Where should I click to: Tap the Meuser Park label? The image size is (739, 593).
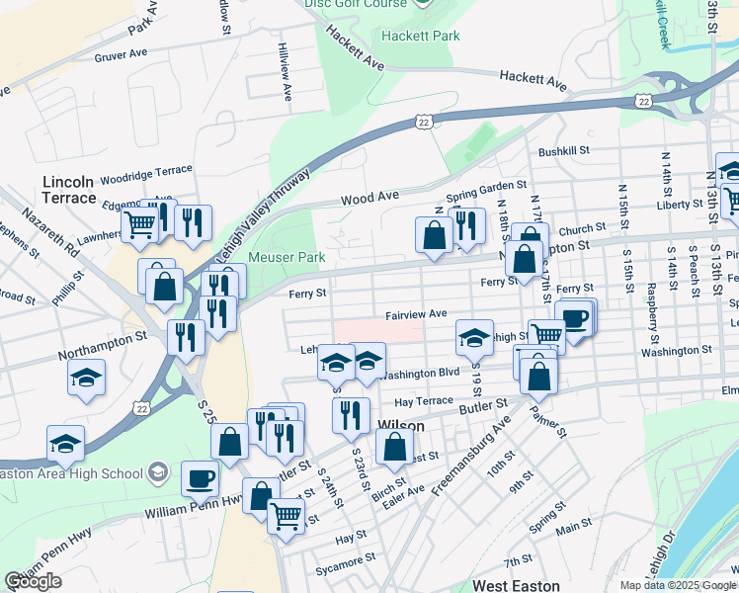pyautogui.click(x=287, y=257)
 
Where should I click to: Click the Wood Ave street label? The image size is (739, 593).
pyautogui.click(x=369, y=198)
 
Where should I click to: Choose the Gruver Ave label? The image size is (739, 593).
pyautogui.click(x=121, y=55)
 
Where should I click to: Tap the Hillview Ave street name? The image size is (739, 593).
pyautogui.click(x=286, y=73)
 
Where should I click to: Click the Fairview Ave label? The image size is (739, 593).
pyautogui.click(x=416, y=313)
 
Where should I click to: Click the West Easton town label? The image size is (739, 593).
pyautogui.click(x=517, y=586)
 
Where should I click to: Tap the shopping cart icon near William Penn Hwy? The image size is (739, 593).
pyautogui.click(x=286, y=514)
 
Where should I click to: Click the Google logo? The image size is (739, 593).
pyautogui.click(x=34, y=581)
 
